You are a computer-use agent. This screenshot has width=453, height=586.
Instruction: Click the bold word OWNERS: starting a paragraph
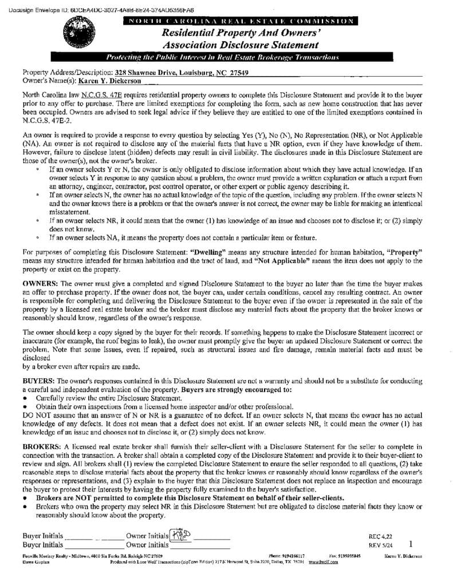[39, 283]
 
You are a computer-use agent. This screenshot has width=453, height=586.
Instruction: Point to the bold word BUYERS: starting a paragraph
[38, 379]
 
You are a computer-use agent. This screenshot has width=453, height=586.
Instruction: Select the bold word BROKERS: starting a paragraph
[41, 446]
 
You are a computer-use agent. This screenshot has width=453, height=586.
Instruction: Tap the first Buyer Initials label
[42, 536]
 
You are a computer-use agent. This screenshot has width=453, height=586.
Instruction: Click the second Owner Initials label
[147, 545]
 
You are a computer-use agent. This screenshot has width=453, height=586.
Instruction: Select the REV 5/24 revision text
[379, 545]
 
